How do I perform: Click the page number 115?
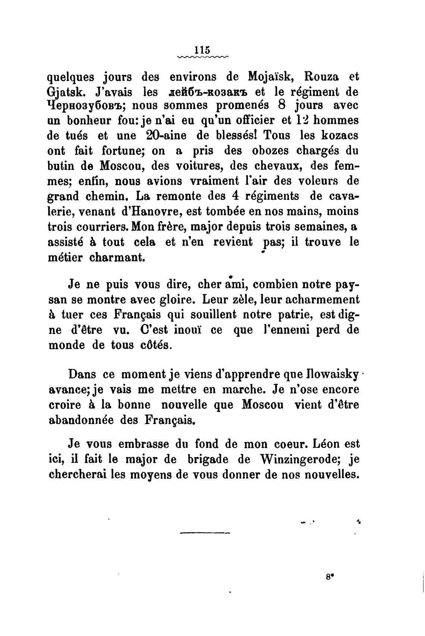pyautogui.click(x=203, y=50)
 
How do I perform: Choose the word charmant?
pyautogui.click(x=116, y=258)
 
